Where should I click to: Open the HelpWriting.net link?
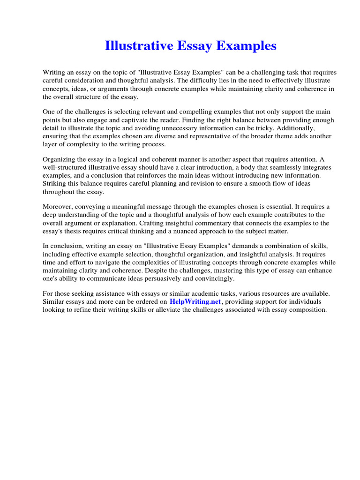click(195, 302)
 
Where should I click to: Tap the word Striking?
click(54, 184)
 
